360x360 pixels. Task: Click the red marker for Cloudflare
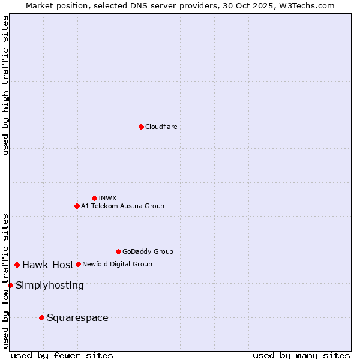tap(141, 127)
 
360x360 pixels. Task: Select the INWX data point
tap(94, 198)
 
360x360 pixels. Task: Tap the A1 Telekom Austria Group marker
tap(77, 206)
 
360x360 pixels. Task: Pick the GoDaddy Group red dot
tap(118, 251)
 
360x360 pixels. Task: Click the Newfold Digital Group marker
tap(78, 264)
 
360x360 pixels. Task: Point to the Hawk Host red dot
tap(17, 265)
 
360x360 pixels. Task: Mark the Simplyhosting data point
tap(10, 285)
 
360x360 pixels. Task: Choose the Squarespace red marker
tap(41, 317)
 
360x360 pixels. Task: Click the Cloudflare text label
tap(161, 127)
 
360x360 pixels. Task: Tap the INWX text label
tap(107, 198)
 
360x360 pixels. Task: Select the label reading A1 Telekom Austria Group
tap(122, 206)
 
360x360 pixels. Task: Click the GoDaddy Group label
tap(148, 251)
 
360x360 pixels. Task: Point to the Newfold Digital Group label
tap(117, 264)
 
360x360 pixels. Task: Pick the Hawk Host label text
tap(48, 265)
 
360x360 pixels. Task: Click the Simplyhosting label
tap(50, 285)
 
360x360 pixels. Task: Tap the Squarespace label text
tap(77, 317)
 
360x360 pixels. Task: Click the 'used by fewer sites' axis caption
tap(62, 355)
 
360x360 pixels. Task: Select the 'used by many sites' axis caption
tap(301, 355)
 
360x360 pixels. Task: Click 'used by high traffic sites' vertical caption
tap(5, 85)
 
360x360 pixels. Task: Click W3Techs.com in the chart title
tap(305, 5)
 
